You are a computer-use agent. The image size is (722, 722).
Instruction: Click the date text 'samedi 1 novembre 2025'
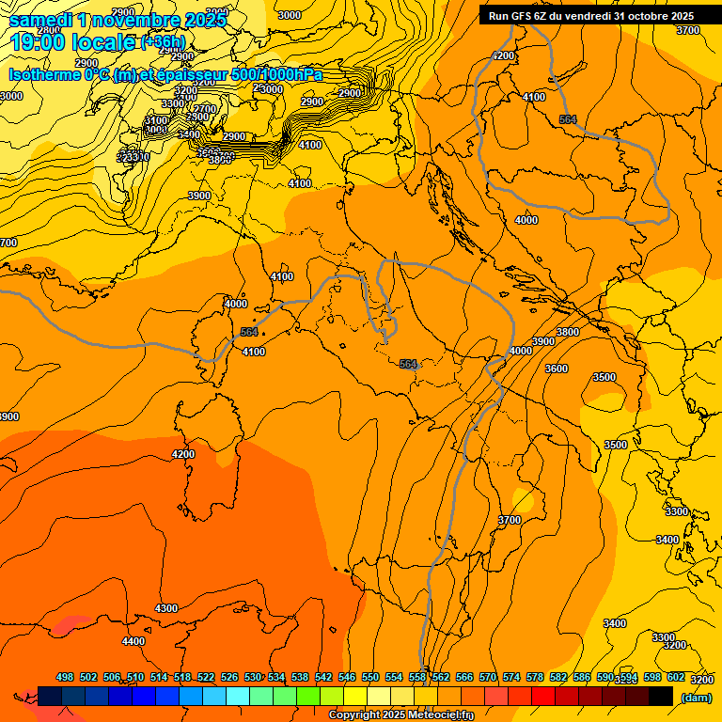pos(118,20)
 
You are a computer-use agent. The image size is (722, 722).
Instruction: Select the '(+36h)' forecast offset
pos(164,42)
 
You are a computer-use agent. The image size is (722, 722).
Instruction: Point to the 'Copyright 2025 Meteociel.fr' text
pos(400,715)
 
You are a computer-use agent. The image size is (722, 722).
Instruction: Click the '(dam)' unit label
pos(696,697)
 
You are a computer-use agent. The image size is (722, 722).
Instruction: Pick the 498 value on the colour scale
pos(65,678)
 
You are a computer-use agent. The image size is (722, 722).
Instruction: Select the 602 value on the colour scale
pos(676,678)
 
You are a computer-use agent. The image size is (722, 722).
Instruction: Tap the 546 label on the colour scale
pos(347,678)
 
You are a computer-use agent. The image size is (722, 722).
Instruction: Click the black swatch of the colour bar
pos(661,697)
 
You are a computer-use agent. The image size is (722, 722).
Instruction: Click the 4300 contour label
pos(165,608)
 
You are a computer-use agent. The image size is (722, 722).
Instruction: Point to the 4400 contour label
pos(133,641)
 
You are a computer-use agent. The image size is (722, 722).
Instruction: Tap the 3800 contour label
pos(567,332)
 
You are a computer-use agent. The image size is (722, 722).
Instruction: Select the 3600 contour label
pos(557,369)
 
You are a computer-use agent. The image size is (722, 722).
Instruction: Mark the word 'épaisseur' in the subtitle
pos(182,74)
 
